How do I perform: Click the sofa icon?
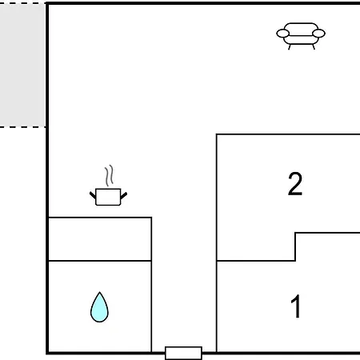[x=301, y=36]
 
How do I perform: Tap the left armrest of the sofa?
[x=282, y=34]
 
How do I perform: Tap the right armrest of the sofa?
[x=318, y=34]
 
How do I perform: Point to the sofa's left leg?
[x=290, y=47]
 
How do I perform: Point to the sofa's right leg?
[x=314, y=47]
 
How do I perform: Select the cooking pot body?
[x=108, y=197]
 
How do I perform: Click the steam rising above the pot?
[x=109, y=175]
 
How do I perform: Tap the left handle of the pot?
[x=93, y=195]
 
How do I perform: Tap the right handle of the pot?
[x=124, y=196]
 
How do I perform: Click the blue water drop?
[x=99, y=308]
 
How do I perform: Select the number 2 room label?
[x=295, y=184]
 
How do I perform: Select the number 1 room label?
[x=295, y=306]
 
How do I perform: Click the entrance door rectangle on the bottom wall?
[x=183, y=353]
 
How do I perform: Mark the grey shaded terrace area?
[x=22, y=66]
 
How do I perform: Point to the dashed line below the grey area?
[x=22, y=127]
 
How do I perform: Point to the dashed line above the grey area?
[x=22, y=3]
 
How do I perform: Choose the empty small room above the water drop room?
[x=100, y=239]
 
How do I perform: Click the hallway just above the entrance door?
[x=184, y=320]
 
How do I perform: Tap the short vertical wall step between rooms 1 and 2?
[x=295, y=246]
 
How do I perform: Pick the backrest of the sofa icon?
[x=301, y=29]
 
